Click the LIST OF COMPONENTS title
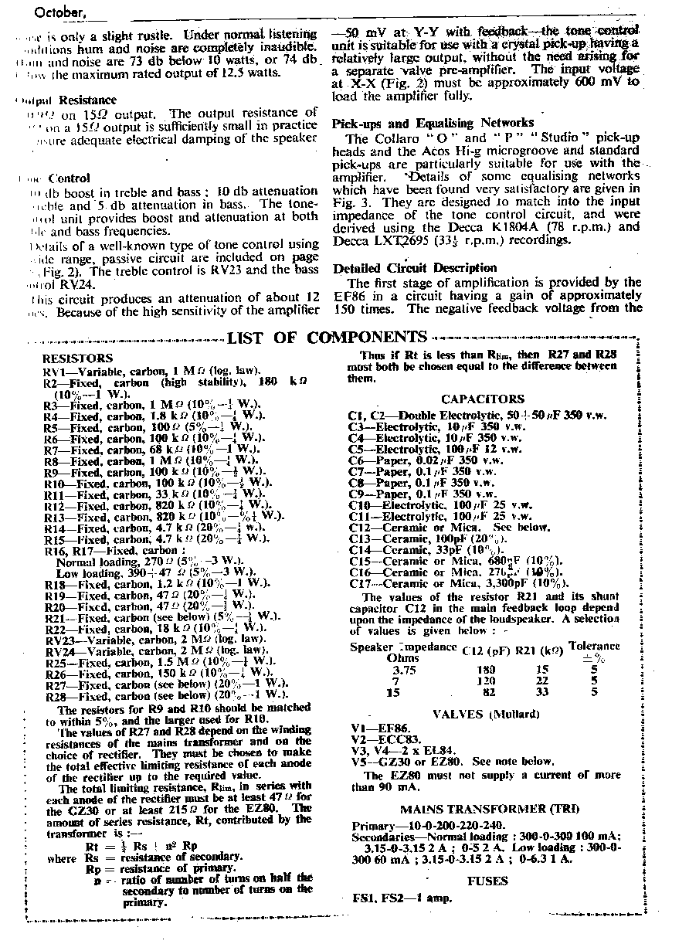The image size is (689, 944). [328, 338]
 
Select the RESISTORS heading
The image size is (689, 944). [77, 358]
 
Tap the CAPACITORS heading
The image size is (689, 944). [483, 399]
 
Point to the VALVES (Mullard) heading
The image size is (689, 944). [486, 714]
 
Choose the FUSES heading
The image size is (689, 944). [487, 881]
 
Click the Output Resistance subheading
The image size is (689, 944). [68, 100]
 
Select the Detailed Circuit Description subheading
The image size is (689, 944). [414, 268]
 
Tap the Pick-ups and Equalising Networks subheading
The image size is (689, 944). [433, 123]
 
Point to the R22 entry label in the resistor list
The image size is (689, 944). [54, 629]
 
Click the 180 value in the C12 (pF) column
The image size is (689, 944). [485, 669]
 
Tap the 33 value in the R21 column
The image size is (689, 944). [542, 692]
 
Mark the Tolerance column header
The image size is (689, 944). [593, 645]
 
